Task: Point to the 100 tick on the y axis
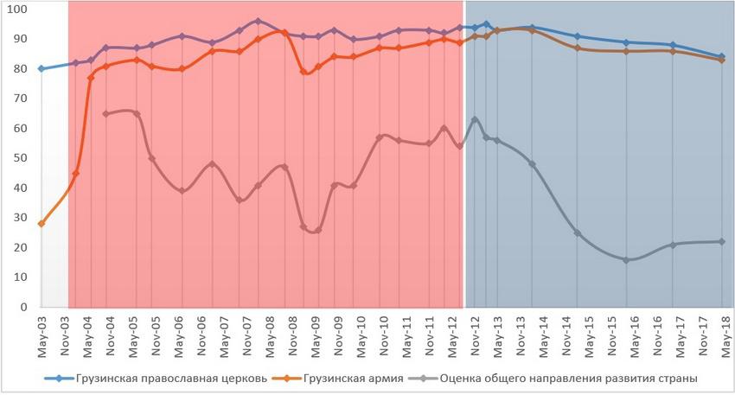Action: (17, 9)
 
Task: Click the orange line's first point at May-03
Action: (42, 224)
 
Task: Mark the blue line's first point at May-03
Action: (42, 68)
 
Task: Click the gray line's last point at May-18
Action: (722, 241)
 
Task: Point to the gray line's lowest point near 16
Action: (626, 259)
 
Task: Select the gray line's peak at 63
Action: (475, 119)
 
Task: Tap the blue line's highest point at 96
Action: (258, 21)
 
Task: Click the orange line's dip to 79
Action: (304, 72)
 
